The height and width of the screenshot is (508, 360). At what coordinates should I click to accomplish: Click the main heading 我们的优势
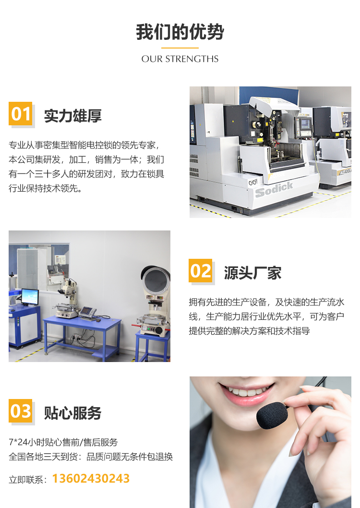180,32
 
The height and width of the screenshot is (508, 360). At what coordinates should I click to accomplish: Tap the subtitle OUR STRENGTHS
180,59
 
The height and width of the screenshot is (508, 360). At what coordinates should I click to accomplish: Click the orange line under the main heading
180,48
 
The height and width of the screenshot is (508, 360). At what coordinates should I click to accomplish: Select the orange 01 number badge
20,113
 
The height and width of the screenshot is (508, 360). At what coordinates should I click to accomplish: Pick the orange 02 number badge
200,270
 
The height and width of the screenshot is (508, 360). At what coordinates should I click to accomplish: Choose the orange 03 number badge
20,411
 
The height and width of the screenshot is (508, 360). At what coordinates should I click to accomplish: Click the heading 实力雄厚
73,116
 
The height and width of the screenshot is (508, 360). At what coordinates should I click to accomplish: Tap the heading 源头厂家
253,273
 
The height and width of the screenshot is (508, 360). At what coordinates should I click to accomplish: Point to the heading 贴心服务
73,413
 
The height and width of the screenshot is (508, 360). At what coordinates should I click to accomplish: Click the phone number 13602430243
91,479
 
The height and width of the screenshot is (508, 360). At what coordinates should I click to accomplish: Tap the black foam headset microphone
272,415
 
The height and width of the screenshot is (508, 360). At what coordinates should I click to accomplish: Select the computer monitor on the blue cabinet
30,296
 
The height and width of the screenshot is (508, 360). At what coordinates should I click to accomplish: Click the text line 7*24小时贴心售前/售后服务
63,442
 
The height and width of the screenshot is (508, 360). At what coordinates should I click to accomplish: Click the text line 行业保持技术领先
45,188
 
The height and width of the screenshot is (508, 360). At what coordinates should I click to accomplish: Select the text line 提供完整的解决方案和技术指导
249,331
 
